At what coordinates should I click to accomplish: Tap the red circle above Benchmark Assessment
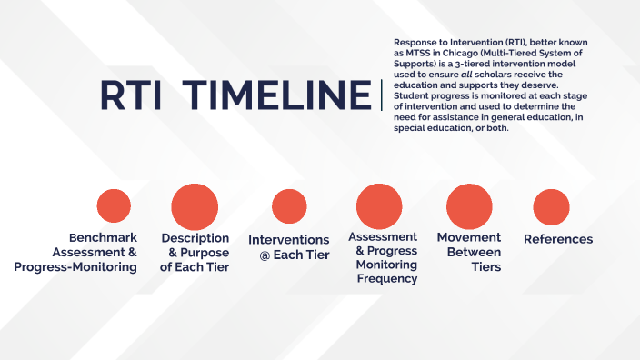(114, 205)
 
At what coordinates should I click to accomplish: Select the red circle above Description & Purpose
(195, 205)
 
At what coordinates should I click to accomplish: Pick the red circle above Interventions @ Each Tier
(289, 206)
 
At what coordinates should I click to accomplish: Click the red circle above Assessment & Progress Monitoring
(379, 205)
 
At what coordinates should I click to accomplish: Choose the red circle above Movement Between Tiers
(469, 205)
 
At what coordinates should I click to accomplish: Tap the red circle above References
(551, 206)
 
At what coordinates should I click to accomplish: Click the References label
(558, 239)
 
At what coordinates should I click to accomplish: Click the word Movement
(469, 237)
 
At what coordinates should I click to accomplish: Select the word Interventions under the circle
(289, 240)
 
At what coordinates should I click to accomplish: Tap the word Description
(195, 237)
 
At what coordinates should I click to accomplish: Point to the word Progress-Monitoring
(75, 266)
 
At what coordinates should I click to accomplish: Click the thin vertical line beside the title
(382, 95)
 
